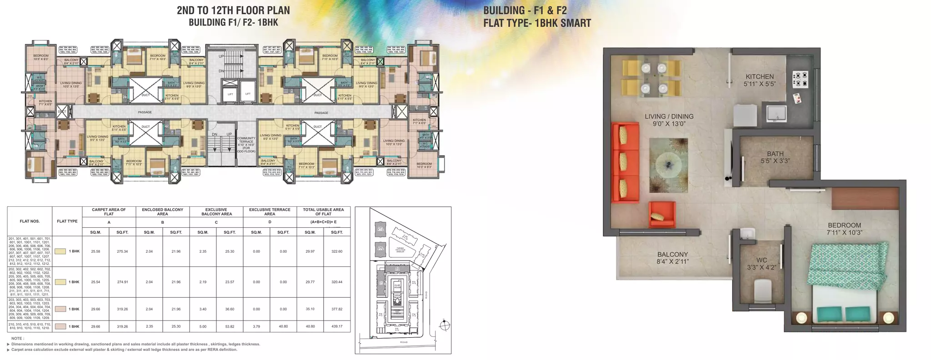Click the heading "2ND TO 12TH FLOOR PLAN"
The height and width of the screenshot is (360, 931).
tap(233, 10)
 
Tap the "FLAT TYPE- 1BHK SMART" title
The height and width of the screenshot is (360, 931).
tap(537, 23)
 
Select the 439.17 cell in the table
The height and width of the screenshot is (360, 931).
tap(337, 326)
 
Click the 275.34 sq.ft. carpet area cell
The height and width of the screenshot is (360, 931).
tap(122, 251)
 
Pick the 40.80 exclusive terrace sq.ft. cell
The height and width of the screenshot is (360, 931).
tap(283, 326)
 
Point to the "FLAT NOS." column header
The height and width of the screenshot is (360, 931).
tap(30, 221)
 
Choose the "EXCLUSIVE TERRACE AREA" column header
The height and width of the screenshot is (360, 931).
tap(270, 212)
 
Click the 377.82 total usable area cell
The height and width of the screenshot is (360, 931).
tap(337, 309)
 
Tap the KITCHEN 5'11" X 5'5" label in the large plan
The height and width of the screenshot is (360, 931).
tap(760, 80)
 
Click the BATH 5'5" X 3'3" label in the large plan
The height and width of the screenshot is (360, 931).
tap(776, 157)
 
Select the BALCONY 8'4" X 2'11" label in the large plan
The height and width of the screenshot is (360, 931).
tap(672, 258)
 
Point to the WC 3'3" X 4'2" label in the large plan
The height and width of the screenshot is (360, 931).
tap(762, 264)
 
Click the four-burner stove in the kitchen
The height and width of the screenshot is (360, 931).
tap(800, 79)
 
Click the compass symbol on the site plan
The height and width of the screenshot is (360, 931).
tap(445, 325)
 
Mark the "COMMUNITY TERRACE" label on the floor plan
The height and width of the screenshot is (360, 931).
tap(246, 145)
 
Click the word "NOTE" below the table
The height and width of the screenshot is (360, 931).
tap(18, 339)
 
